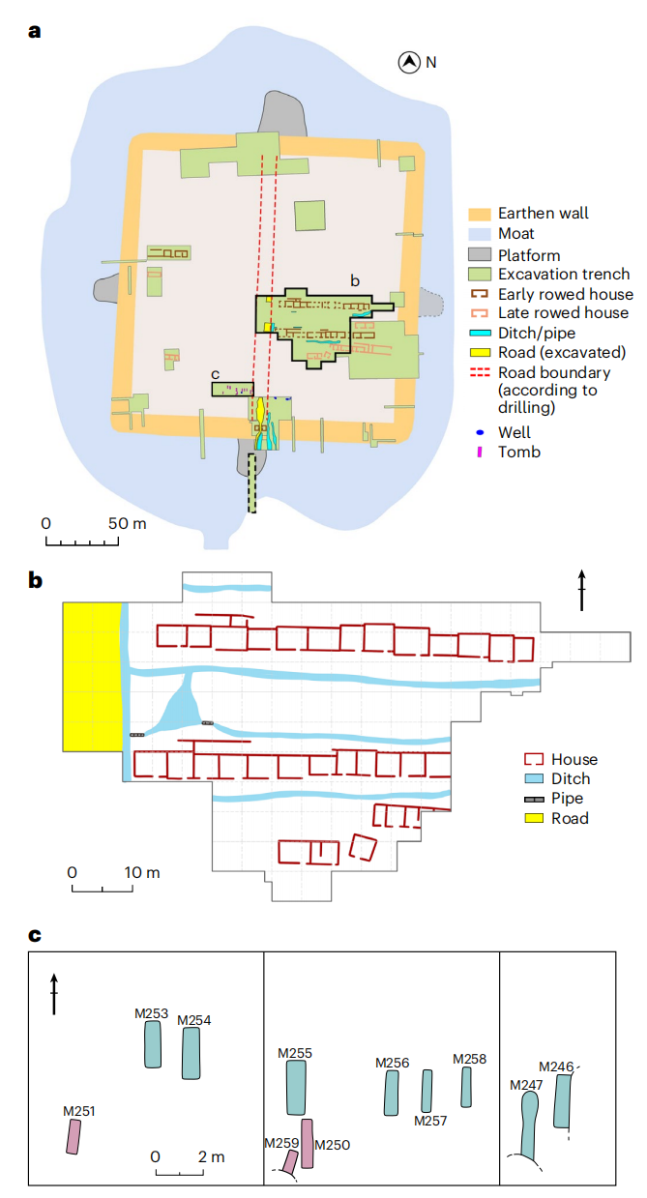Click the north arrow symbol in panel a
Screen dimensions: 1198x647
click(410, 63)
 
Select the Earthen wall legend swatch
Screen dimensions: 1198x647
click(481, 214)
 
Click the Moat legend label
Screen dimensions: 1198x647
click(515, 234)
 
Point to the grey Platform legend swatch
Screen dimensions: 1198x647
click(481, 254)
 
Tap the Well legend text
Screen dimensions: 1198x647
click(515, 432)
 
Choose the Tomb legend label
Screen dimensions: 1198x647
click(520, 452)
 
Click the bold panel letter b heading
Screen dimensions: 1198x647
click(35, 581)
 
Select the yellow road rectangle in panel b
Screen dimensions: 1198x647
click(92, 676)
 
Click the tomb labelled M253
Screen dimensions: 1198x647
click(153, 1044)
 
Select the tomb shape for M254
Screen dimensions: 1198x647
click(191, 1053)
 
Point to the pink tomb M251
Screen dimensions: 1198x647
click(73, 1137)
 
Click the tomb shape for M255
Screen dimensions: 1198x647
click(297, 1088)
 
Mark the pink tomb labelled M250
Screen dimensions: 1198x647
click(308, 1144)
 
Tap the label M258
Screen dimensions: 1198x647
click(469, 1059)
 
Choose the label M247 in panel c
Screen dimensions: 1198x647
click(526, 1085)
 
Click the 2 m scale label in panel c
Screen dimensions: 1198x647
click(210, 1156)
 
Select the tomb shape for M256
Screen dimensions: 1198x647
click(392, 1093)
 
